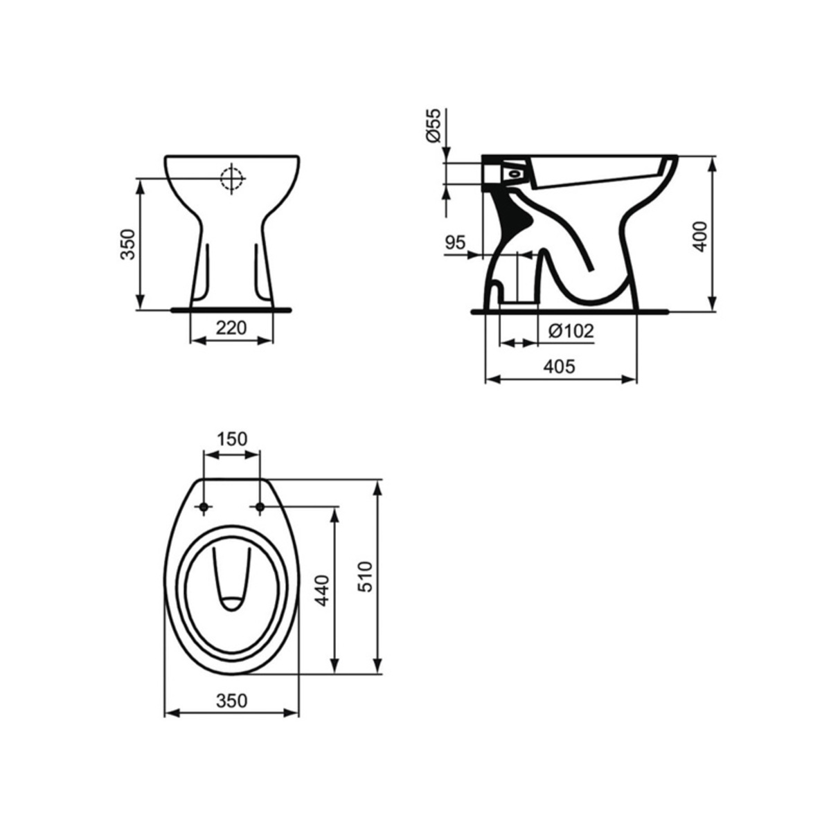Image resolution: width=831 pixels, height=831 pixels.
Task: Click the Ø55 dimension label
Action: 434,125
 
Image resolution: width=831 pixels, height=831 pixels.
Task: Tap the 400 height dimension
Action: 700,237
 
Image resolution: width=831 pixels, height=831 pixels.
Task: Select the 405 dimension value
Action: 560,366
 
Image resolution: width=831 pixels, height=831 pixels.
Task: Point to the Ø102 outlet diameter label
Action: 571,331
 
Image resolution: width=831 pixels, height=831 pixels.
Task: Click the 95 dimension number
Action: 456,243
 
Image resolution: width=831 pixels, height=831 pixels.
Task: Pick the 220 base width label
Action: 231,328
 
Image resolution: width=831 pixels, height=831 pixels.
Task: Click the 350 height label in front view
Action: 127,244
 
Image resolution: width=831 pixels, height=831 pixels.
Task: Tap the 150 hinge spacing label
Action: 231,439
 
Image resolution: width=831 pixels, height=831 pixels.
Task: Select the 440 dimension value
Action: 323,591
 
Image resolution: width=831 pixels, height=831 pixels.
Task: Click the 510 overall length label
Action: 365,577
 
